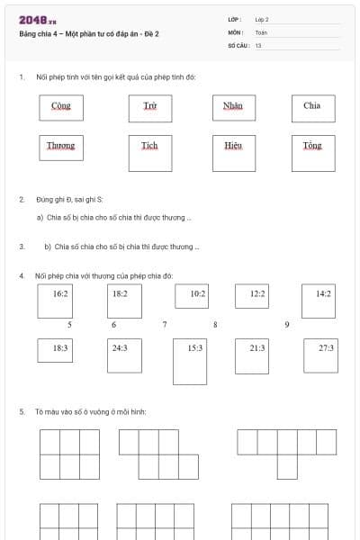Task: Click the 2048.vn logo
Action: tap(38, 19)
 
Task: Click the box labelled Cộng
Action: tap(61, 107)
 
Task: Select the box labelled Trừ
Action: tap(150, 107)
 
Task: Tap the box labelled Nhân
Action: tap(233, 107)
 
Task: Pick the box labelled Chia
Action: tap(312, 107)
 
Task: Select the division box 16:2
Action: tap(60, 301)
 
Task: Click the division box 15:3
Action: tap(194, 360)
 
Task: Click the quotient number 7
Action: tap(165, 325)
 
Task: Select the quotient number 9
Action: tap(286, 325)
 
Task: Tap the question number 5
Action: tap(22, 412)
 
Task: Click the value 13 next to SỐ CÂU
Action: tap(258, 45)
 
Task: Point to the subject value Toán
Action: tap(261, 31)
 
